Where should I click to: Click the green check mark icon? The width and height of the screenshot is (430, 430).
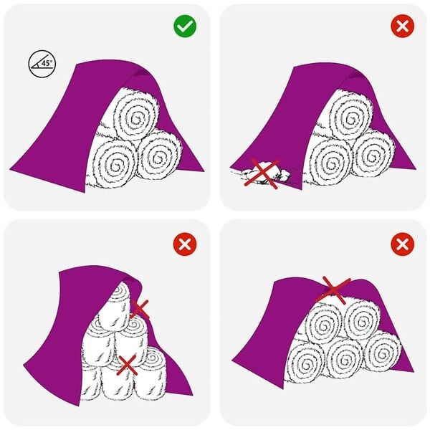coord(185,27)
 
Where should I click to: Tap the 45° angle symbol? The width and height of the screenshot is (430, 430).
coord(42,64)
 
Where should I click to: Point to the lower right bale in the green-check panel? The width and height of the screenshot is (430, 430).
coord(158,154)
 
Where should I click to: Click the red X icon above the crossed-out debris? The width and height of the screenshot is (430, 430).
coord(401,27)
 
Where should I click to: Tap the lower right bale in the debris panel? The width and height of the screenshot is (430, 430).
coord(373,154)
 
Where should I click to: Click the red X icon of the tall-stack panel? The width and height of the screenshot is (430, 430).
coord(185,244)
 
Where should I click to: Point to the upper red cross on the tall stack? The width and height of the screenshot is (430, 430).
coord(140,309)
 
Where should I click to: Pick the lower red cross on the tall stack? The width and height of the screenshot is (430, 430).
coord(128,365)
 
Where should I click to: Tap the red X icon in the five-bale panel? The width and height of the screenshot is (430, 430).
coord(401,244)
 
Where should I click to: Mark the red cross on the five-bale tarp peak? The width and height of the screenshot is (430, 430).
coord(334,288)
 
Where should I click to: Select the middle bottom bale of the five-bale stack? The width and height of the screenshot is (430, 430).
coord(345,358)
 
